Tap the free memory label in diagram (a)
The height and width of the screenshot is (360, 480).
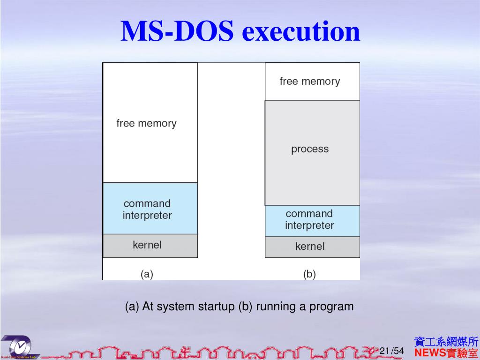tap(146, 123)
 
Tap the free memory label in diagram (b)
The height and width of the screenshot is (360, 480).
tap(309, 81)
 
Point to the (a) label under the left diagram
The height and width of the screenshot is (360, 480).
tap(147, 274)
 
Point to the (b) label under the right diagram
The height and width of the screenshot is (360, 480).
tap(309, 274)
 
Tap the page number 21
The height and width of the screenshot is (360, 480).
tap(384, 351)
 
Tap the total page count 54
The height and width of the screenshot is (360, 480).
tap(398, 351)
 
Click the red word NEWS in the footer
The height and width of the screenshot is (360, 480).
tap(430, 352)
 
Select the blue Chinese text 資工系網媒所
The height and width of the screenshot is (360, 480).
tap(446, 341)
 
